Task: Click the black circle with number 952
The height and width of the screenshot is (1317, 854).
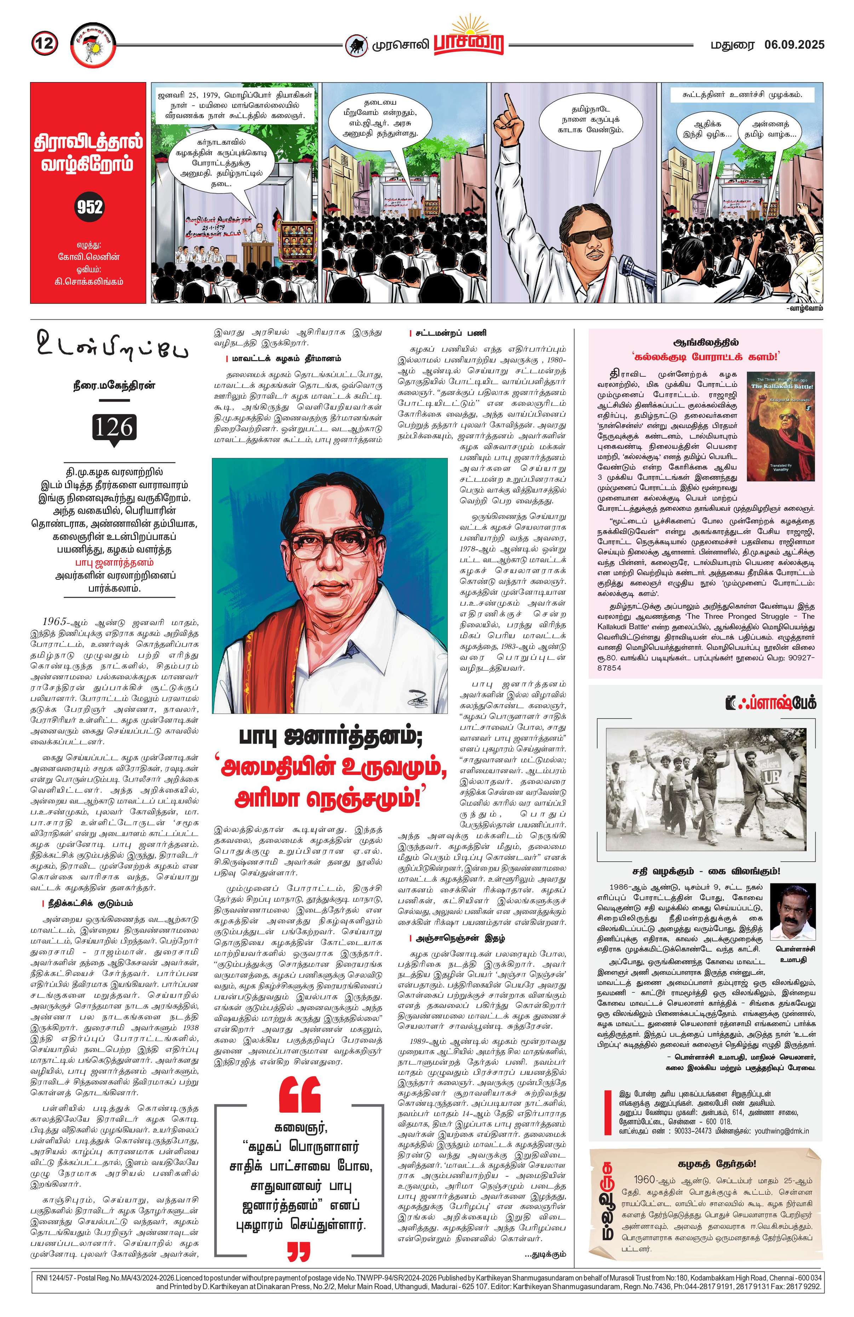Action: [90, 207]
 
